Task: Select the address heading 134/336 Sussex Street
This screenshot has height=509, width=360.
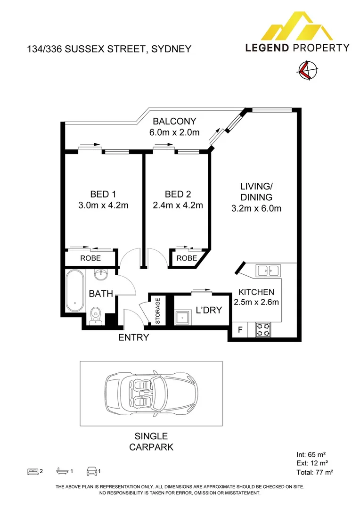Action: pyautogui.click(x=109, y=49)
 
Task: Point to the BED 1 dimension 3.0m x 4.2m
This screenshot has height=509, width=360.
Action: pyautogui.click(x=103, y=205)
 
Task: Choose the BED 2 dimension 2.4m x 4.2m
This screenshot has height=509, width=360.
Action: pyautogui.click(x=178, y=205)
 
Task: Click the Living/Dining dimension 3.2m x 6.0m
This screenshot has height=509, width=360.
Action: pyautogui.click(x=257, y=208)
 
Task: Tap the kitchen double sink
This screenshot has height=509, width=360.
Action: pyautogui.click(x=268, y=271)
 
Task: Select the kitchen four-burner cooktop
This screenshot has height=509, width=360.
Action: pyautogui.click(x=262, y=329)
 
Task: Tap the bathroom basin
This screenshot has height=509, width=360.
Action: pyautogui.click(x=101, y=274)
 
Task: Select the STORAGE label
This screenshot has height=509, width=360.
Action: pyautogui.click(x=158, y=311)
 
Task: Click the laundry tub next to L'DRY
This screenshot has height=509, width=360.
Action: pyautogui.click(x=182, y=319)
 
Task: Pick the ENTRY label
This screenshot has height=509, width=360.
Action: pyautogui.click(x=133, y=337)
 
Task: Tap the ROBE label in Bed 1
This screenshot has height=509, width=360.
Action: pyautogui.click(x=90, y=258)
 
